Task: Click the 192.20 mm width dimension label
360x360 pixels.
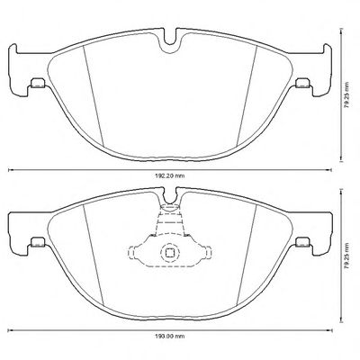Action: pos(170,176)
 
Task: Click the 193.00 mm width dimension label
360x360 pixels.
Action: pos(170,337)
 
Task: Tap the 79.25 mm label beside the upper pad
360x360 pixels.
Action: pos(347,94)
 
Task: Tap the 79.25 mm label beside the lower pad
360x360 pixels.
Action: pos(347,256)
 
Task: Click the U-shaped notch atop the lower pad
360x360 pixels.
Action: pos(170,198)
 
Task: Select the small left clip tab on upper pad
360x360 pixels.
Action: pos(38,83)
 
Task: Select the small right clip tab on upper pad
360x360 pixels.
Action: pos(302,83)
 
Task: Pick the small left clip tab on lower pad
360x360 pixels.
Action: pos(38,242)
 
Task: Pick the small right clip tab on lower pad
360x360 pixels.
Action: pos(302,242)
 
